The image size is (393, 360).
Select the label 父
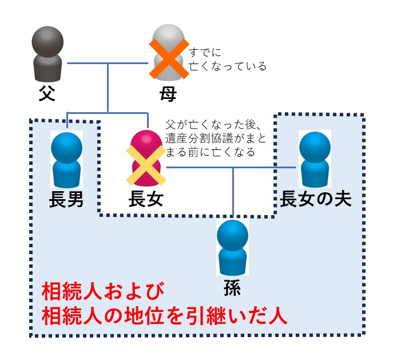pyautogui.click(x=47, y=93)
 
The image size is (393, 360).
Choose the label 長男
pyautogui.click(x=67, y=200)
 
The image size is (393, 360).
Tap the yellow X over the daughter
pyautogui.click(x=148, y=164)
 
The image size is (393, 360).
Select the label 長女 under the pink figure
pyautogui.click(x=146, y=200)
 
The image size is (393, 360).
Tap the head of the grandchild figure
pyautogui.click(x=233, y=234)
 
